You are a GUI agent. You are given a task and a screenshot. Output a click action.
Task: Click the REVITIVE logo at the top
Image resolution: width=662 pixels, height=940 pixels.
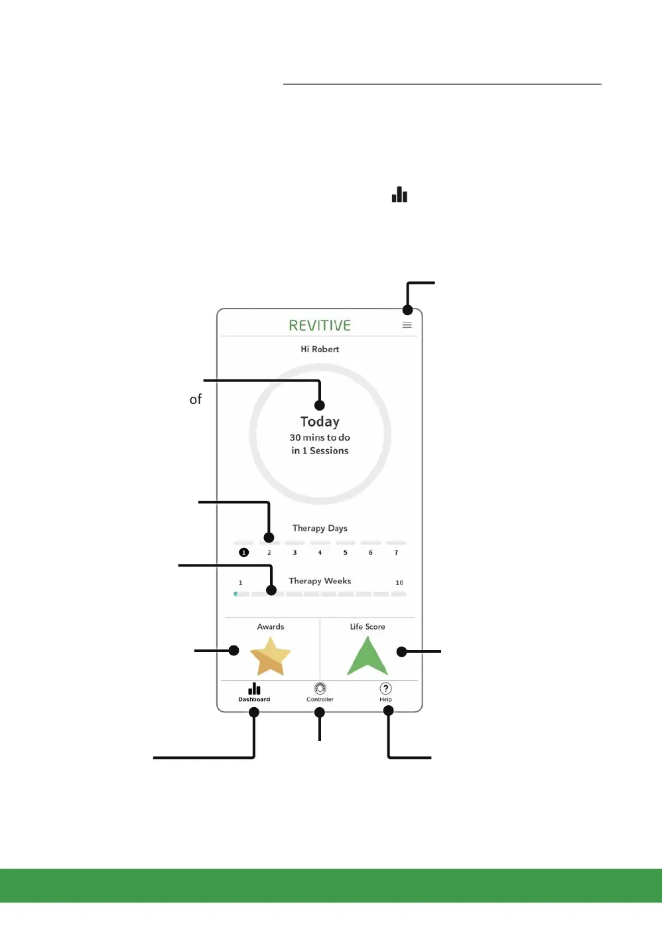[x=320, y=326]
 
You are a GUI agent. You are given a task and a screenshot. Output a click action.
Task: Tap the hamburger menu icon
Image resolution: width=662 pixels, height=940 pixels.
[x=407, y=326]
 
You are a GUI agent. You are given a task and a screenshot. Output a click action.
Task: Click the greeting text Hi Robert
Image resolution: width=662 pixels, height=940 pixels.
[x=320, y=349]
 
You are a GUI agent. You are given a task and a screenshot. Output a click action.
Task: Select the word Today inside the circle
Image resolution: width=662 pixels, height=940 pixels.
[x=320, y=422]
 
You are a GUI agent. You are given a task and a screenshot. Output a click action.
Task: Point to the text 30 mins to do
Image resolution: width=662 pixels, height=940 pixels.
[x=320, y=438]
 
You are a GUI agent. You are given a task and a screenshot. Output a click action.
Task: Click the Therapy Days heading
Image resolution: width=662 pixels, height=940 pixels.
[x=320, y=528]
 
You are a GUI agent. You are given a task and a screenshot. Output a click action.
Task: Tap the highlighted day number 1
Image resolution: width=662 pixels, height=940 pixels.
[x=243, y=553]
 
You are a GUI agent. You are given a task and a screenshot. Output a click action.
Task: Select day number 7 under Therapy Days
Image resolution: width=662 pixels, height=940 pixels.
[x=396, y=553]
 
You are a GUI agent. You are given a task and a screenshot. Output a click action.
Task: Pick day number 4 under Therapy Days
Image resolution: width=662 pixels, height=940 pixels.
[x=320, y=553]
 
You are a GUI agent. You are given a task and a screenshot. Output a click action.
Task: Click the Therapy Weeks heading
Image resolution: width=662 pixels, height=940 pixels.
[x=320, y=581]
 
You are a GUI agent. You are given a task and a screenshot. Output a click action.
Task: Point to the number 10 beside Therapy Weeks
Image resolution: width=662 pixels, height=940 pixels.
[x=399, y=582]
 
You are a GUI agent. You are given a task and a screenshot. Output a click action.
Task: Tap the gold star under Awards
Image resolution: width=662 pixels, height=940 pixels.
[x=270, y=656]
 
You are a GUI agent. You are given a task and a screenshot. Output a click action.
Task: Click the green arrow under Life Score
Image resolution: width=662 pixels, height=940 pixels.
[x=367, y=656]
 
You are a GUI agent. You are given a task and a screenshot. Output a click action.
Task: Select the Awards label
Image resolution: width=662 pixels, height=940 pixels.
[x=271, y=627]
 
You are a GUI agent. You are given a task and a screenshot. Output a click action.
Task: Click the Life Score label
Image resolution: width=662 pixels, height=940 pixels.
[x=367, y=627]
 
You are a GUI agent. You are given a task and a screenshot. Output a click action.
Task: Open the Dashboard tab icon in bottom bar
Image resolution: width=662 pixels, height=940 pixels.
[x=254, y=689]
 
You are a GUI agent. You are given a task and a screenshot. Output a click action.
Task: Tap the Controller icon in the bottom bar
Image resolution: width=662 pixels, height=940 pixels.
[x=320, y=689]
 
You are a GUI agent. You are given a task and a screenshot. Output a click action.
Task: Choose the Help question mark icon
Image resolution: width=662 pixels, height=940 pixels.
[x=385, y=689]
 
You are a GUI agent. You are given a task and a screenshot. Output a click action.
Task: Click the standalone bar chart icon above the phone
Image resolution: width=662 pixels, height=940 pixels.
[x=399, y=194]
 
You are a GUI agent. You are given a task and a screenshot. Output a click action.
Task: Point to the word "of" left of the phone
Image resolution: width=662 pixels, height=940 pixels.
[x=196, y=399]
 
